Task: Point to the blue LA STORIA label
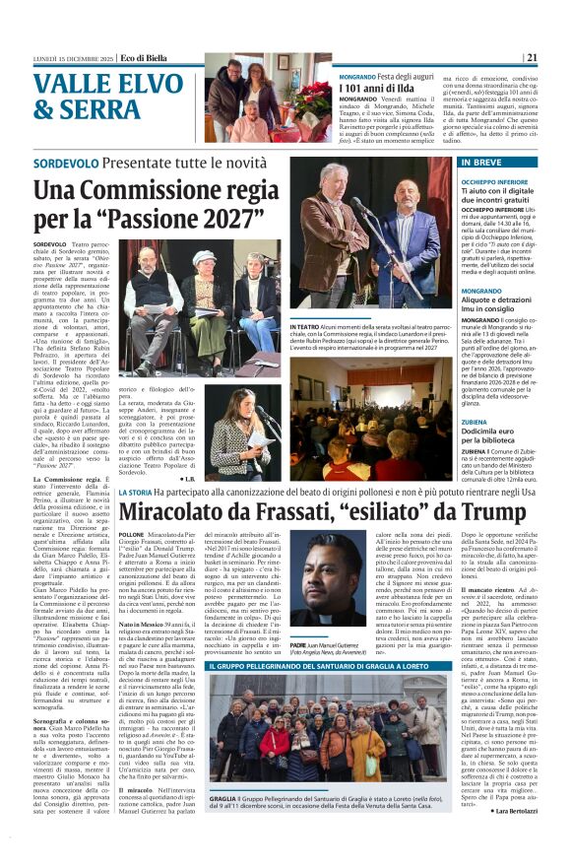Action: (136, 493)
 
